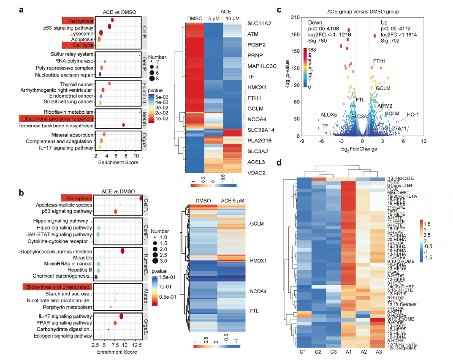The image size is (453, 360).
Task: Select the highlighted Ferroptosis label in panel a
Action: click(77, 20)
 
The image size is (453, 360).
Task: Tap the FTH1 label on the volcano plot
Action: click(379, 61)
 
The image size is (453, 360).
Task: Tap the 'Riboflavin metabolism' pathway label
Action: click(68, 112)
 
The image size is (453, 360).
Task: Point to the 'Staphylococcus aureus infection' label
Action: click(56, 252)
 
